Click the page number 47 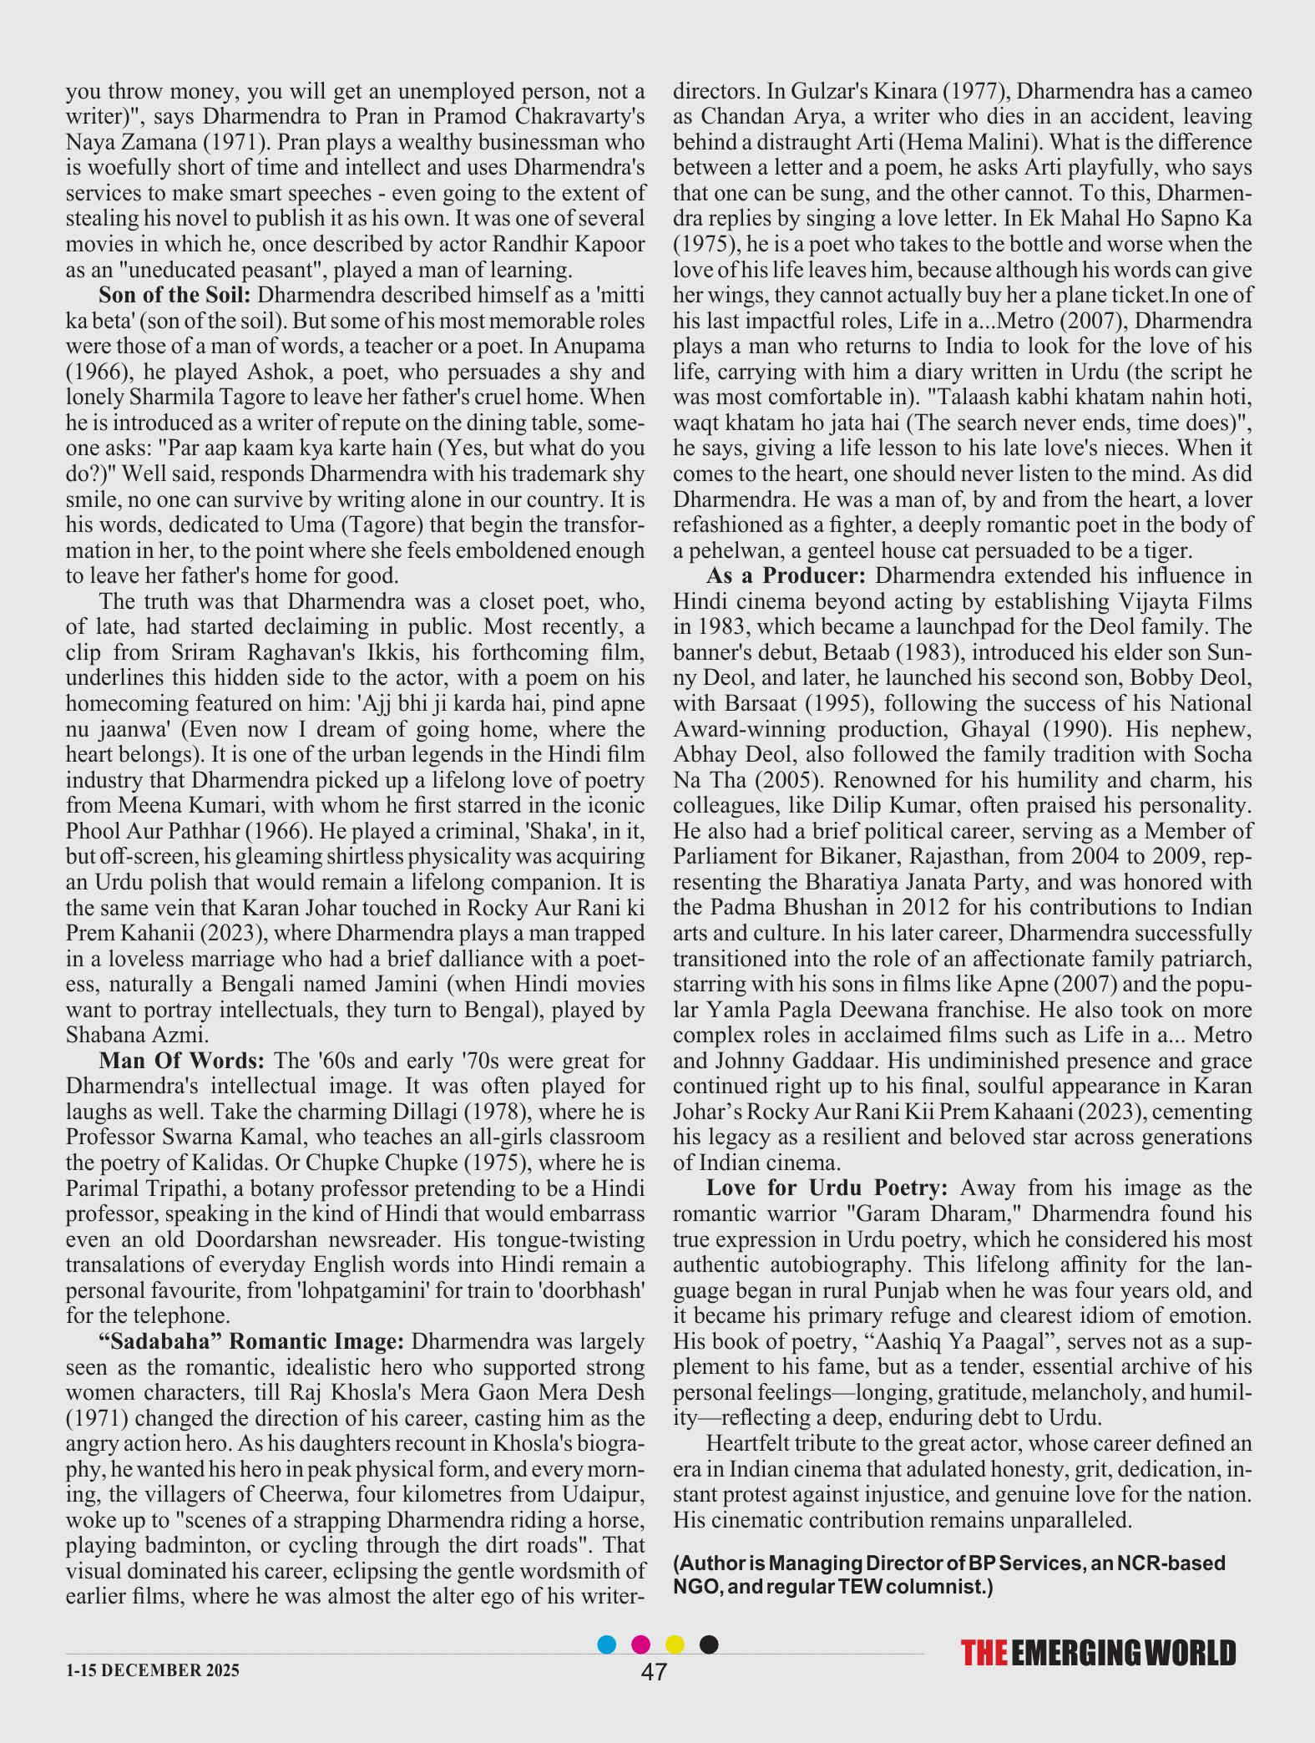pyautogui.click(x=654, y=1671)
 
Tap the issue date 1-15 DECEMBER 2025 pyautogui.click(x=152, y=1670)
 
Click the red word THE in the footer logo pyautogui.click(x=984, y=1654)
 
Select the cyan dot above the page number pyautogui.click(x=608, y=1644)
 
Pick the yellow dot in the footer pyautogui.click(x=675, y=1644)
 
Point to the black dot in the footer pyautogui.click(x=708, y=1644)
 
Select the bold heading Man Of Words pyautogui.click(x=181, y=1061)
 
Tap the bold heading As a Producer pyautogui.click(x=785, y=576)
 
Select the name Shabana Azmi pyautogui.click(x=137, y=1035)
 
